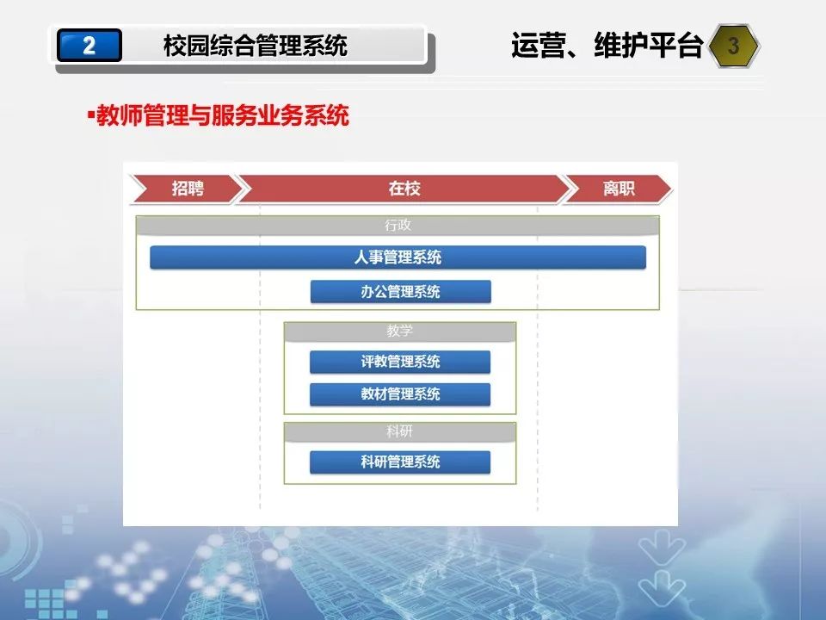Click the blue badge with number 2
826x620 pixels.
point(89,46)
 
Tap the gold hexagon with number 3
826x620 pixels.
point(733,46)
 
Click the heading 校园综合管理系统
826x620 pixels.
point(255,46)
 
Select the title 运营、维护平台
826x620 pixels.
point(607,45)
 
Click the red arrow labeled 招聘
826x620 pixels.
point(188,189)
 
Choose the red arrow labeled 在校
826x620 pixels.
point(404,189)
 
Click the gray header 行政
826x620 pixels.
point(398,225)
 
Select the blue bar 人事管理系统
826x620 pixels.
point(398,257)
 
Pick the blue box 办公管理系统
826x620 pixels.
point(400,292)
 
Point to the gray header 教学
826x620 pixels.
point(400,331)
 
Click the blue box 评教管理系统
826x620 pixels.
point(400,362)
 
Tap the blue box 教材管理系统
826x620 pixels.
point(400,394)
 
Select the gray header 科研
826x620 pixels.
point(400,431)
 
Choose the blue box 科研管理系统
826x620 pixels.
point(400,462)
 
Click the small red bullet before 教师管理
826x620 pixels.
point(90,114)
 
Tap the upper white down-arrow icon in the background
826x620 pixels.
point(662,547)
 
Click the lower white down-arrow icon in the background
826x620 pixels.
point(662,588)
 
